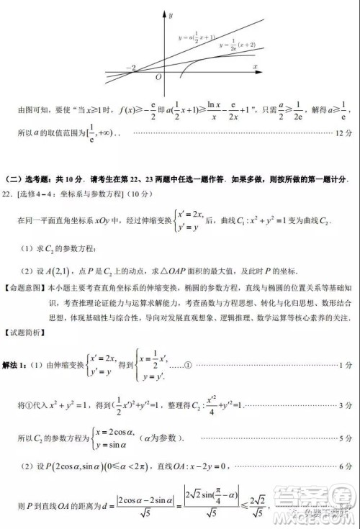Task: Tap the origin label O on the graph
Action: pos(158,77)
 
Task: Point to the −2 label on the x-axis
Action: pos(131,67)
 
